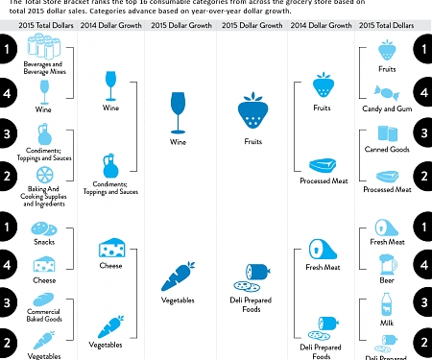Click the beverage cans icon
pyautogui.click(x=45, y=45)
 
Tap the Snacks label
pyautogui.click(x=45, y=244)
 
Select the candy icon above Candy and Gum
pyautogui.click(x=389, y=93)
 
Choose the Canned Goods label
pyautogui.click(x=389, y=150)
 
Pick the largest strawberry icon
pyautogui.click(x=253, y=111)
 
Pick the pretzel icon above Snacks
pyautogui.click(x=45, y=228)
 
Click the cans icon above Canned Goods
pyautogui.click(x=389, y=132)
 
